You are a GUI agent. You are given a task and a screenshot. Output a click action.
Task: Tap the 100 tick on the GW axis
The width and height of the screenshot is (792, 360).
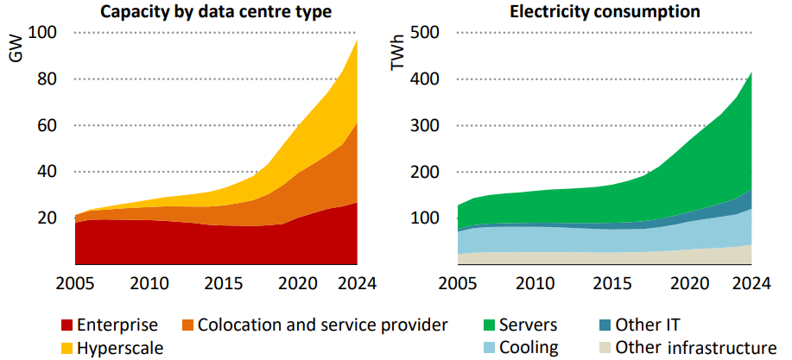pyautogui.click(x=42, y=33)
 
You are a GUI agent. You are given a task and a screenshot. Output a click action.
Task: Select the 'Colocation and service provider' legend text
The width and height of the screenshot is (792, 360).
pyautogui.click(x=323, y=325)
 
